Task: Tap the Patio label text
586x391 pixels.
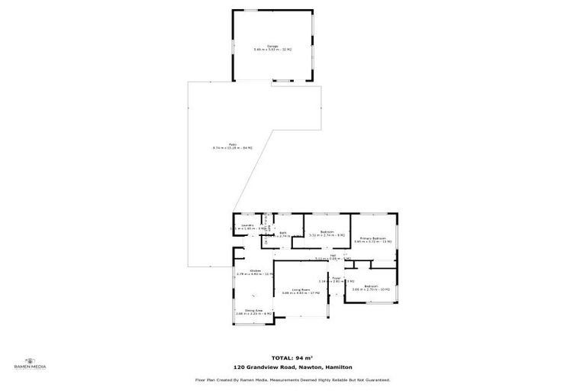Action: click(x=233, y=144)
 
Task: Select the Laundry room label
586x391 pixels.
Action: click(x=247, y=225)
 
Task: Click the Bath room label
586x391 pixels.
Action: click(x=282, y=232)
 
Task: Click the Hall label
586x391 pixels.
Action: click(x=333, y=255)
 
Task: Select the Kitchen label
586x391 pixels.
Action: click(x=246, y=270)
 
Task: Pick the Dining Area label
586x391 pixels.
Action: click(x=244, y=309)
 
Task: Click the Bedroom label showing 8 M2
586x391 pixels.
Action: click(x=327, y=232)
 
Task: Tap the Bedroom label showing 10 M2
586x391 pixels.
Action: click(x=371, y=286)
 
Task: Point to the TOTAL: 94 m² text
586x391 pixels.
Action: click(x=293, y=357)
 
